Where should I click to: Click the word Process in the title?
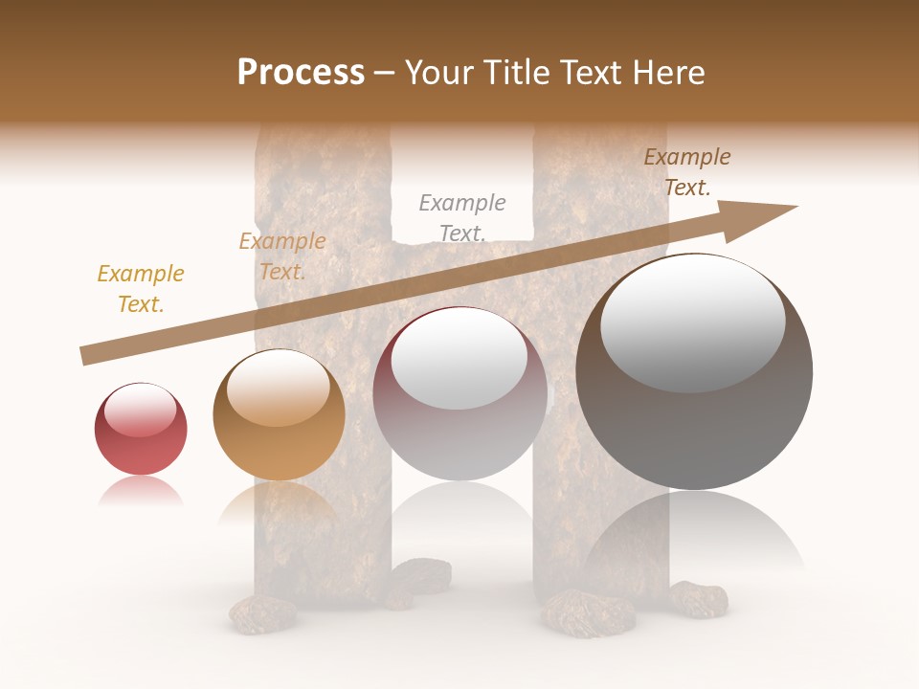[x=301, y=73]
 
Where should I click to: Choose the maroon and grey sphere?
[x=459, y=394]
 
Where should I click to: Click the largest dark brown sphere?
[x=694, y=373]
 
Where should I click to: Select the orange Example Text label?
[x=282, y=256]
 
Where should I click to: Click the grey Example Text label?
[x=462, y=218]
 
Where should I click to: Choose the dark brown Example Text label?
[x=687, y=172]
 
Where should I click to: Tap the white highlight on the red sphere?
[x=140, y=410]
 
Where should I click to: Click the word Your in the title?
[x=440, y=73]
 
